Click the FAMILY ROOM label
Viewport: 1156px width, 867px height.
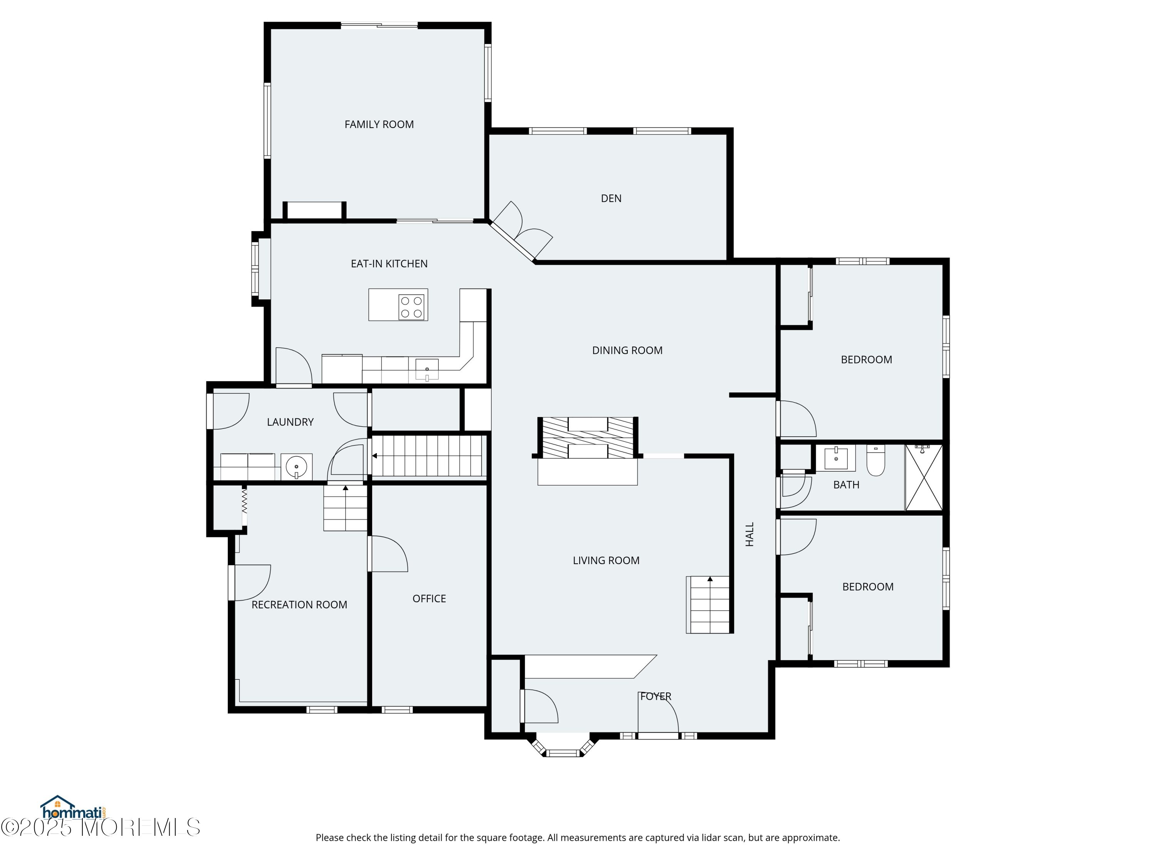[379, 124]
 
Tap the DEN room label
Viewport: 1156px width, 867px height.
[611, 198]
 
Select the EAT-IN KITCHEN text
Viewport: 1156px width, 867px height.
[389, 264]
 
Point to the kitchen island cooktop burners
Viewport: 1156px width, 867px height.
[411, 307]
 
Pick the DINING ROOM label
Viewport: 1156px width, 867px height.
[627, 351]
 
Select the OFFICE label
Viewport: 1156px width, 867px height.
[429, 599]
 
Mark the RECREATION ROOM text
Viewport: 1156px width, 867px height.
[299, 605]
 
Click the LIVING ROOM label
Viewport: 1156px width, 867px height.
[606, 561]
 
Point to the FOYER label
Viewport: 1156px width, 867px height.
[656, 697]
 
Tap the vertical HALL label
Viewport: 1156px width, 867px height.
[750, 534]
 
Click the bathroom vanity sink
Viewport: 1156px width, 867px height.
[836, 458]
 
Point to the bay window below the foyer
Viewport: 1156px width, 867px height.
[563, 747]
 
